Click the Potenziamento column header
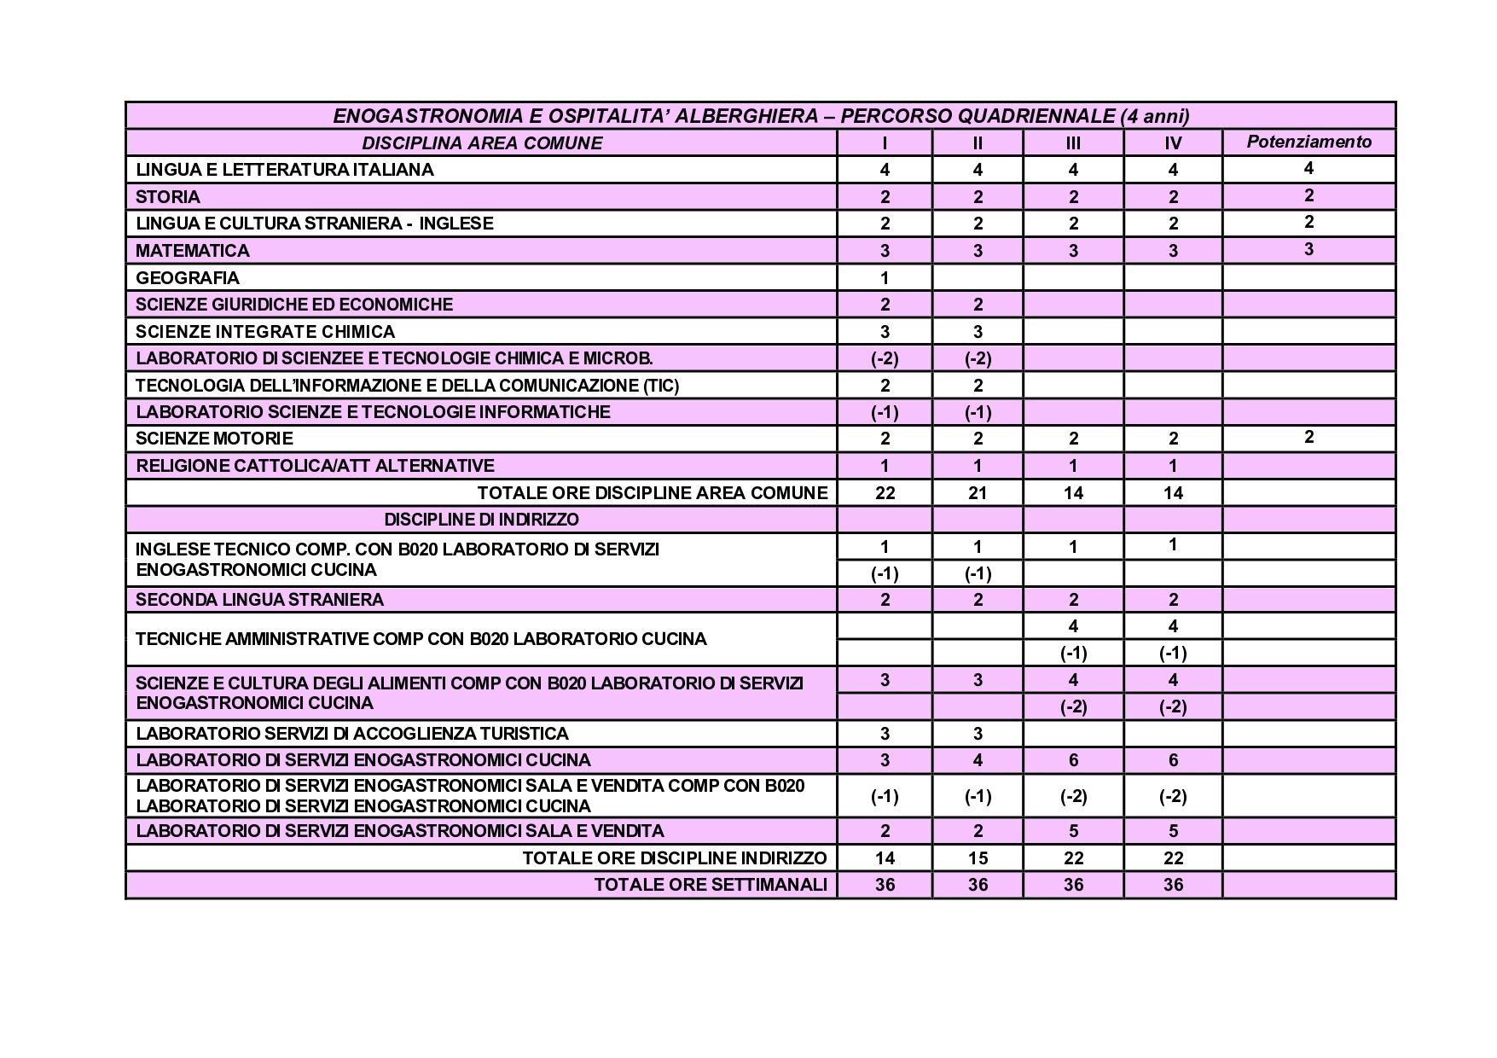coord(1308,142)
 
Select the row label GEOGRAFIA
coord(188,277)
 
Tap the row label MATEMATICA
coord(193,250)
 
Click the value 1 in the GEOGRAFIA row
coord(885,277)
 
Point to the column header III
coord(1073,142)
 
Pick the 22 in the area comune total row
coord(885,492)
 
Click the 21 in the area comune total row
coord(978,492)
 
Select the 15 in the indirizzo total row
coord(978,857)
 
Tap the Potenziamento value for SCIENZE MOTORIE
coord(1308,438)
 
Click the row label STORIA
coord(168,196)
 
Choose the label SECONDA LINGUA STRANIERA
coord(260,599)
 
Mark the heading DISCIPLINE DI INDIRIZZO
coord(481,519)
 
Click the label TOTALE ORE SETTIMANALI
coord(711,884)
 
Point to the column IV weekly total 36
coord(1173,884)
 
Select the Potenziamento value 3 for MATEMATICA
coord(1308,249)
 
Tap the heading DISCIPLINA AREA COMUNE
coord(482,142)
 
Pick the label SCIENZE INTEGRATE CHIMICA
coord(265,331)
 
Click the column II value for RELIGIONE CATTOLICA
coord(978,465)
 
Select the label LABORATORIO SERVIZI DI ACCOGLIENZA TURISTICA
coord(351,733)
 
